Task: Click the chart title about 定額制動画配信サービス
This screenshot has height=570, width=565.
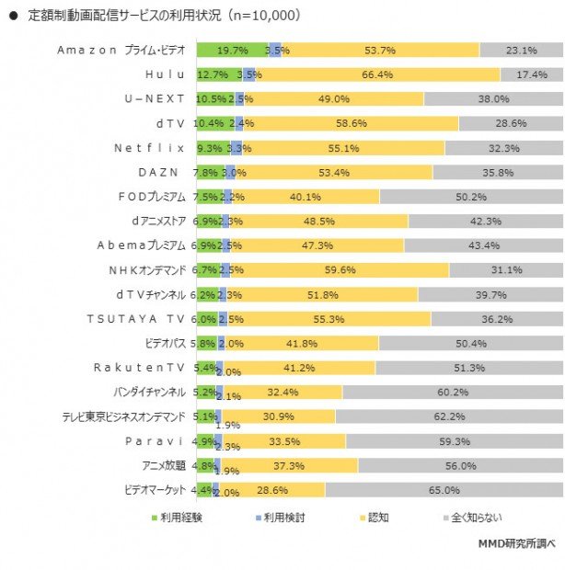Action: (x=160, y=16)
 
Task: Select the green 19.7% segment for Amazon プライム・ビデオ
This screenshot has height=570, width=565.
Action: (x=230, y=50)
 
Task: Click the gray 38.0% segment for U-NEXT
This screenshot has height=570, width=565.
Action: (x=493, y=98)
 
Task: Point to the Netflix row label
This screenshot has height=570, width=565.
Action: (x=149, y=147)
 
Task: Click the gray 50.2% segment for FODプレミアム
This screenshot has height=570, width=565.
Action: (x=471, y=196)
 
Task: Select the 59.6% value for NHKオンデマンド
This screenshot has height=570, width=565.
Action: (x=346, y=269)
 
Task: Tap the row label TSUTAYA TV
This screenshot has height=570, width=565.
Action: (x=136, y=318)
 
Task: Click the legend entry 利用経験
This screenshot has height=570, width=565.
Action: (x=179, y=518)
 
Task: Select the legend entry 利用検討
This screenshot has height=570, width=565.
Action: (x=282, y=518)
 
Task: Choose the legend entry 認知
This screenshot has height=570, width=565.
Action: (x=377, y=518)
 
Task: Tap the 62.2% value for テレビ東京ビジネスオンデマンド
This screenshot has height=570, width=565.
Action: (x=449, y=416)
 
